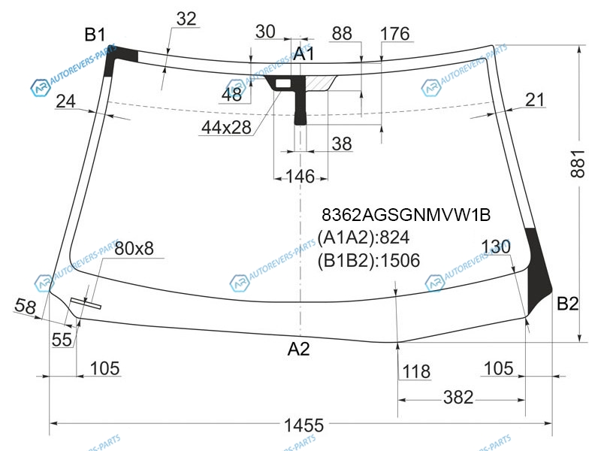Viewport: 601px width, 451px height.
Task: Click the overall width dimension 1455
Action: pos(304,425)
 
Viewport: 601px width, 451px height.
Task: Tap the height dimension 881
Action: pos(578,164)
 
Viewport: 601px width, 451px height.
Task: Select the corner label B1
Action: pos(95,35)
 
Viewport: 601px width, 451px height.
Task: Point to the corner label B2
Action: pos(568,304)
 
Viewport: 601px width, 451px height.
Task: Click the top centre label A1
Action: pos(304,54)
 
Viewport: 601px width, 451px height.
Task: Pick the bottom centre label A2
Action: pos(298,349)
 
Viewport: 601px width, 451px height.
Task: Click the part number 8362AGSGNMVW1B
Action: pos(406,215)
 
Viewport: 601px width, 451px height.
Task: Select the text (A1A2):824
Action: pos(364,238)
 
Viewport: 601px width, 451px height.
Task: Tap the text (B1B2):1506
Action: pos(369,260)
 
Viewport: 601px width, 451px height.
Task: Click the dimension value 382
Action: pos(458,398)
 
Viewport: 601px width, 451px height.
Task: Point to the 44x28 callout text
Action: pos(226,127)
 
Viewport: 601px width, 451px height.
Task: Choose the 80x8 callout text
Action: pos(134,249)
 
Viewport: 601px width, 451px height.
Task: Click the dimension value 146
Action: pos(300,177)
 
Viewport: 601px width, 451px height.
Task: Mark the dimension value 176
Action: pos(395,34)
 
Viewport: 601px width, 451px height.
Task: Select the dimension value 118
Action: pos(416,371)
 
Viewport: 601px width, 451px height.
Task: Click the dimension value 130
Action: pos(496,247)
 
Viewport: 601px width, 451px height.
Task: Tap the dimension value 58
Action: pos(26,307)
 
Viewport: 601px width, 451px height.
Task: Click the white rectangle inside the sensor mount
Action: pos(283,83)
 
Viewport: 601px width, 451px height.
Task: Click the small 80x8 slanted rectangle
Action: pos(86,303)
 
